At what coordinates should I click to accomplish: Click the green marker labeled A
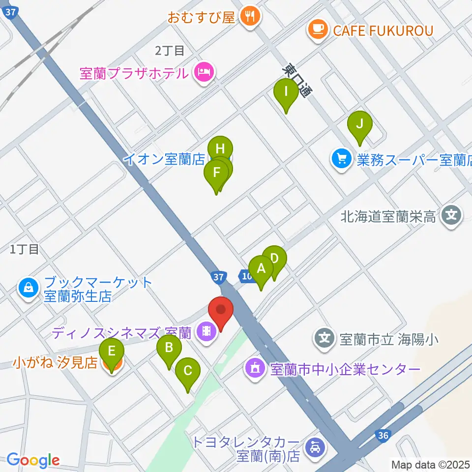(261, 269)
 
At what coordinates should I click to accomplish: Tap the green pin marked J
(360, 124)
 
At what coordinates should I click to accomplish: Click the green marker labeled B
(169, 348)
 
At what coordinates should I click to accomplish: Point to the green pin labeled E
(112, 352)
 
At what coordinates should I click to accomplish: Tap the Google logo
(33, 460)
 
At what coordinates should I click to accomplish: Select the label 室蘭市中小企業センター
(344, 369)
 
